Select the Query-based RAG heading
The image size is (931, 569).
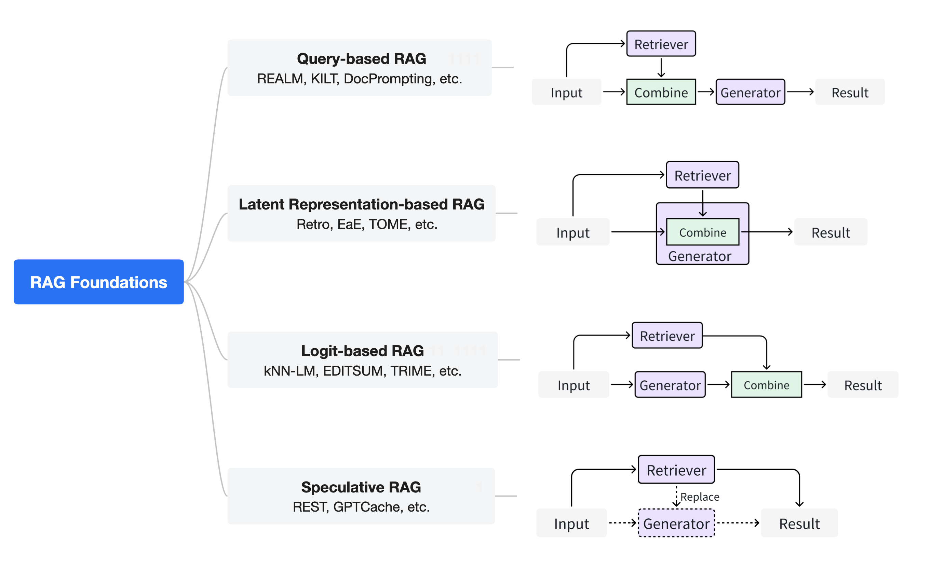(x=361, y=59)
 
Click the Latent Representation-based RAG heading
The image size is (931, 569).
(x=361, y=204)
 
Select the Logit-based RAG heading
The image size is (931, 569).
(x=362, y=351)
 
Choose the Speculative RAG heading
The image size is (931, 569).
(x=361, y=487)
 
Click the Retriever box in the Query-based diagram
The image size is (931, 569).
(x=661, y=44)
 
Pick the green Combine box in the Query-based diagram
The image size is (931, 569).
(x=661, y=92)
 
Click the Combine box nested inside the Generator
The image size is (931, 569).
(x=702, y=232)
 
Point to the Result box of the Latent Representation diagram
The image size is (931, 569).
(x=831, y=232)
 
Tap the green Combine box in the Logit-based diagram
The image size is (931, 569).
(x=766, y=384)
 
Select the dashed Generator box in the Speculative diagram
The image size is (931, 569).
(x=676, y=523)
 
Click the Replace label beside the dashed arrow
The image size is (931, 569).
(x=699, y=497)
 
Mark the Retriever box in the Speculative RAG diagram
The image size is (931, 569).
(x=676, y=470)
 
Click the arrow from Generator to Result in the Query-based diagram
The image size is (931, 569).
(x=800, y=92)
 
